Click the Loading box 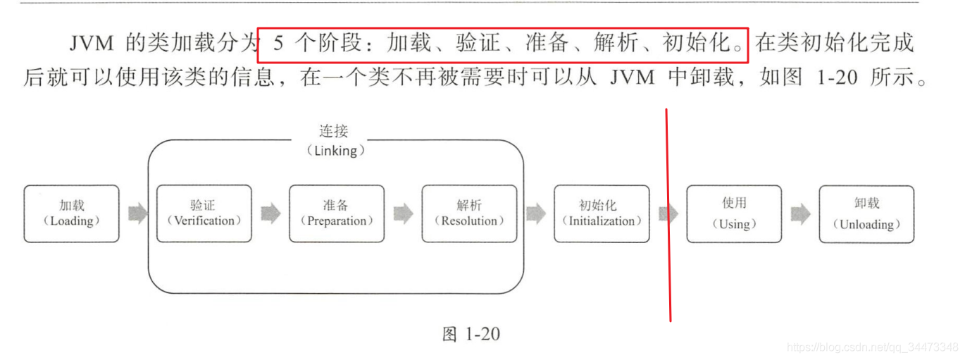point(72,213)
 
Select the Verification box point(204,213)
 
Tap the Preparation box point(337,213)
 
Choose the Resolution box point(470,213)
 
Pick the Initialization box point(602,213)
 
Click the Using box point(734,214)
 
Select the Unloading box point(867,214)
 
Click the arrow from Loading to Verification point(138,213)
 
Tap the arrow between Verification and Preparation point(270,213)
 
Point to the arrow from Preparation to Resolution point(403,213)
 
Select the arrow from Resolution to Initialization point(536,213)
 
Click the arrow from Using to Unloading point(801,214)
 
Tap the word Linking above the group point(335,151)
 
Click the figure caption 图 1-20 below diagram point(471,334)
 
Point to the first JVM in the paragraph point(92,43)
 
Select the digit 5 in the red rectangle point(278,43)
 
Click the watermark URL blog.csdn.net point(873,347)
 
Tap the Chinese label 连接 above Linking point(333,131)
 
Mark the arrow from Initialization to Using point(668,214)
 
